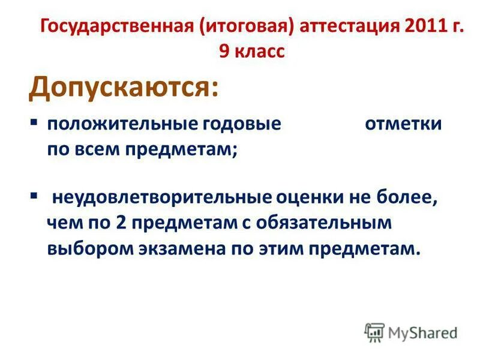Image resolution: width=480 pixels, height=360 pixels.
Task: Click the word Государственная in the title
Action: [116, 28]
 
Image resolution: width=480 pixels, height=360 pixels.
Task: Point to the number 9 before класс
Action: [224, 52]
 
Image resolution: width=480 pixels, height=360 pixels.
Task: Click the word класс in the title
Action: [259, 52]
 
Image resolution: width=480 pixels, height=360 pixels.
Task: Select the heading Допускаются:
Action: [123, 88]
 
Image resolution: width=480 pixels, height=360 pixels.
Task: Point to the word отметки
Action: [403, 125]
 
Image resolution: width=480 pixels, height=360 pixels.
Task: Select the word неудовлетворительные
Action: [162, 198]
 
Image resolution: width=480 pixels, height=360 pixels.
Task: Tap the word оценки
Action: [314, 198]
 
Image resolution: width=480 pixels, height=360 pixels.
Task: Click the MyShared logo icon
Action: [374, 332]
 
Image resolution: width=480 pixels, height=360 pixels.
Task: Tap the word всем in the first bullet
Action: [95, 149]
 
